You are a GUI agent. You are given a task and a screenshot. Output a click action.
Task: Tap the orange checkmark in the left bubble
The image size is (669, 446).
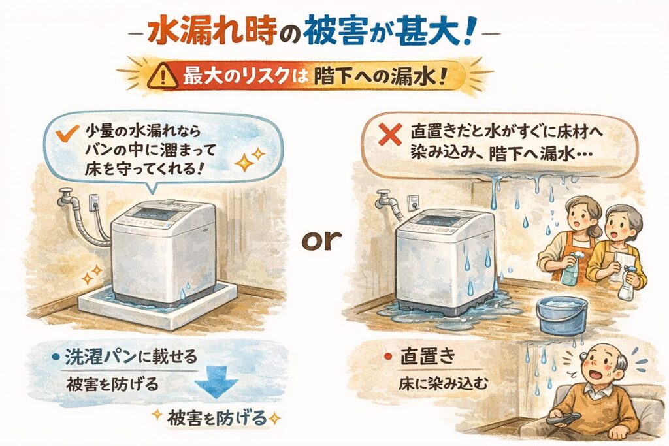point(67,133)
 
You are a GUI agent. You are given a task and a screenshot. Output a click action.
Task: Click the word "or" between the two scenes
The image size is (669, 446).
point(321,240)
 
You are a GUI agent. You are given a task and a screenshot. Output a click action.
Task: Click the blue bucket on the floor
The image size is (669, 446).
point(561,315)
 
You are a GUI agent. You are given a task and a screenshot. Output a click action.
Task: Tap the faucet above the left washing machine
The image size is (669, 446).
point(68,197)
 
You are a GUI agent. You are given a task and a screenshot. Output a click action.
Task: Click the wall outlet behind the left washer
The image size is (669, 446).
point(94,202)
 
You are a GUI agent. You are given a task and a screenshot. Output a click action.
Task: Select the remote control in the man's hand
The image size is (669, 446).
point(564,418)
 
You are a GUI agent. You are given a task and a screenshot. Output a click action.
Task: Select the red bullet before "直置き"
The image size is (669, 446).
point(388,357)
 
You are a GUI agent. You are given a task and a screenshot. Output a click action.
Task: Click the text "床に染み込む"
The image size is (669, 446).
point(442,384)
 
